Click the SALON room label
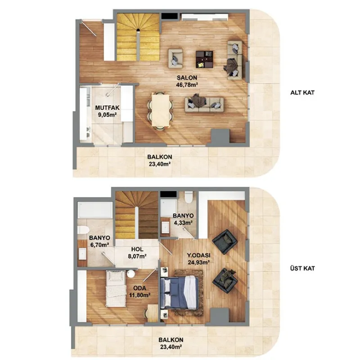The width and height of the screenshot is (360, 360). click(x=187, y=77)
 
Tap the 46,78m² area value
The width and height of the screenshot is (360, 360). click(x=187, y=85)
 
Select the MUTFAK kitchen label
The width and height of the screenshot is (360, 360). click(x=107, y=108)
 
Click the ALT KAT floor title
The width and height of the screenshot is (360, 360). click(x=302, y=93)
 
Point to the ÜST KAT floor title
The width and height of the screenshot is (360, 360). click(x=302, y=268)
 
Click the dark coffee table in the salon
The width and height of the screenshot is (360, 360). click(x=204, y=59)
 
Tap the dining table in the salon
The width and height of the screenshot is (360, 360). click(x=161, y=110)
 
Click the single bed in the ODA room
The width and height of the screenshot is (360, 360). click(x=116, y=288)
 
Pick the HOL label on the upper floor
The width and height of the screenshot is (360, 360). click(x=137, y=249)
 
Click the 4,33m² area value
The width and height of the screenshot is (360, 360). click(x=183, y=223)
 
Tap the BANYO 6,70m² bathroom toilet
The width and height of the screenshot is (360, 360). click(x=83, y=230)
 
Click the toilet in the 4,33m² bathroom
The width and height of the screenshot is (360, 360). click(x=189, y=197)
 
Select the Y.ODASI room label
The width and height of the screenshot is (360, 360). click(x=198, y=255)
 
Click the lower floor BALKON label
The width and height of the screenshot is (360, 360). click(x=160, y=157)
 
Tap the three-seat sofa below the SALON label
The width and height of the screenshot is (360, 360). click(x=204, y=104)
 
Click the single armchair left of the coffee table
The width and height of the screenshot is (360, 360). click(x=175, y=58)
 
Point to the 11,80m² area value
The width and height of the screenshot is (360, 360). click(x=139, y=295)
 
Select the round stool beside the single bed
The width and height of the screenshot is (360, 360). click(x=131, y=274)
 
